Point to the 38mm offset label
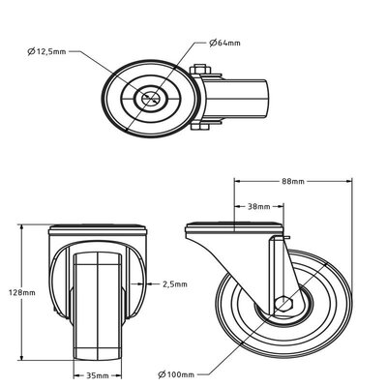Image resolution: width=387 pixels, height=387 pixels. coord(257,207)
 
